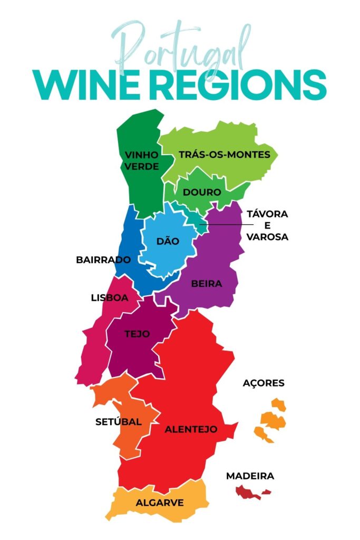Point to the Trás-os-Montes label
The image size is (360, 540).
225,155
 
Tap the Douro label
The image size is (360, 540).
202,192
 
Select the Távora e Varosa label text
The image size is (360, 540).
267,226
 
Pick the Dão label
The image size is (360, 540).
168,241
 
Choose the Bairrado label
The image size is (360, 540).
103,260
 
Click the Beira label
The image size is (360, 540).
207,284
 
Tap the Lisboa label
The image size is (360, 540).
110,297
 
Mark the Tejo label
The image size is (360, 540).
137,334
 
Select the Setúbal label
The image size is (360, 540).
119,422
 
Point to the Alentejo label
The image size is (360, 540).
191,429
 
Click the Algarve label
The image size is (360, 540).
160,503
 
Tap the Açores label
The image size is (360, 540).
264,383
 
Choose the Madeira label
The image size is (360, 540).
250,476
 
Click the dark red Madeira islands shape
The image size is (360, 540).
248,493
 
